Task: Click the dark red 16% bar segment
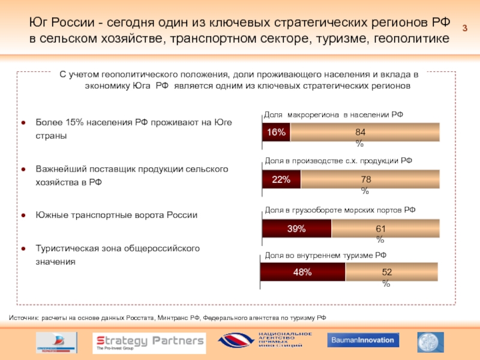click(276, 133)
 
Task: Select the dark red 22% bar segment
click(281, 179)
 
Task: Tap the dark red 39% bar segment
click(296, 229)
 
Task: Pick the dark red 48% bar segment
click(302, 272)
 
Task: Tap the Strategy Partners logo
click(149, 343)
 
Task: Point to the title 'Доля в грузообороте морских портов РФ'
click(340, 210)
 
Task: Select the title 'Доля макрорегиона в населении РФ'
click(334, 114)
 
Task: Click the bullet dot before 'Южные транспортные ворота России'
click(23, 215)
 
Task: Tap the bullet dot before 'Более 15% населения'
click(23, 122)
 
